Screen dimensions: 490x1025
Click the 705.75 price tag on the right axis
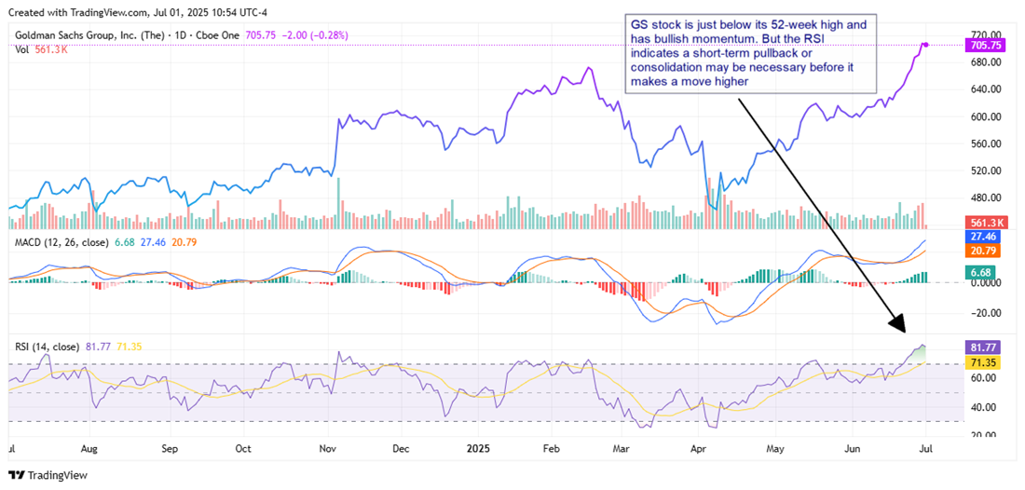click(x=985, y=45)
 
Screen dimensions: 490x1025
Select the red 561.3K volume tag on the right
click(x=985, y=224)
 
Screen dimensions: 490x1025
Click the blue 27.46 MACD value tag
click(x=984, y=237)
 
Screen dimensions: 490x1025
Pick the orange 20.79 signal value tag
click(x=984, y=252)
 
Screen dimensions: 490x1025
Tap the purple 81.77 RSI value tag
click(x=984, y=347)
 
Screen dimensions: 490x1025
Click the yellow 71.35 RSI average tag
click(x=984, y=361)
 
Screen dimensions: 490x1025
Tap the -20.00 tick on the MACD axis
click(x=984, y=312)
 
